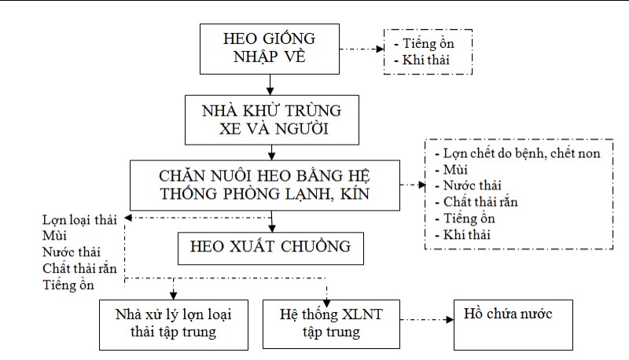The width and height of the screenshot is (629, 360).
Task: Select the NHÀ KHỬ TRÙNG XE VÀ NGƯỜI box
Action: pyautogui.click(x=269, y=118)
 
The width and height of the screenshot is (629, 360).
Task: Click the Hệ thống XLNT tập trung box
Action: pyautogui.click(x=330, y=323)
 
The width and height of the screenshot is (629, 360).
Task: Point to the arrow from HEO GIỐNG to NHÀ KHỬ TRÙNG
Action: pyautogui.click(x=269, y=83)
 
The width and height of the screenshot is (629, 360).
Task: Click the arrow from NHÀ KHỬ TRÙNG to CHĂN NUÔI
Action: pyautogui.click(x=269, y=151)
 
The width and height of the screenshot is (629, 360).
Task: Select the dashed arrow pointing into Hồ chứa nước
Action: pyautogui.click(x=425, y=321)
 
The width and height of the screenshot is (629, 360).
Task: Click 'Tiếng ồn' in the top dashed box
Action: pyautogui.click(x=425, y=43)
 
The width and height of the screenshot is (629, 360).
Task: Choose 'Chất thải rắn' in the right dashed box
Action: pyautogui.click(x=474, y=202)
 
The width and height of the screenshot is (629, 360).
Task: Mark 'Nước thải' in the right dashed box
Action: pyautogui.click(x=469, y=186)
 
